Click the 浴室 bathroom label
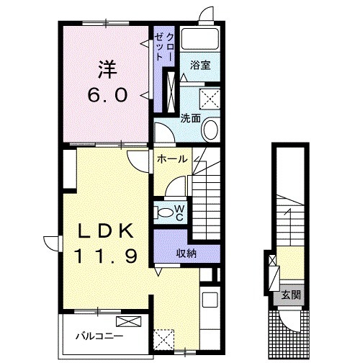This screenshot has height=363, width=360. coord(200,65)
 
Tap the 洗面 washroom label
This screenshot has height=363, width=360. coord(191,118)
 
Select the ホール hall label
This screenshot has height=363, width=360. coord(172,158)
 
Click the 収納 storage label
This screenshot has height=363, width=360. coord(186,253)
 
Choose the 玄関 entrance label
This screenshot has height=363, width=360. coord(291,295)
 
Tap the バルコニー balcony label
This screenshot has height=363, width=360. coord(99,336)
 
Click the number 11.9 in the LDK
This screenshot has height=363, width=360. coord(106,256)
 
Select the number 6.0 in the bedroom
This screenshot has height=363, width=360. coord(107,95)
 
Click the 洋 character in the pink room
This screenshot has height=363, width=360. coord(107,70)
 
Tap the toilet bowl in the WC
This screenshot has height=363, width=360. coord(163,212)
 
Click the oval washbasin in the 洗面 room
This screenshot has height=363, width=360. coord(211,130)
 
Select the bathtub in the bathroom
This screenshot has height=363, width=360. coord(200,39)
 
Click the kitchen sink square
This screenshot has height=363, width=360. coord(210,300)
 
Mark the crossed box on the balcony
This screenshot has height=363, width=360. coord(128,321)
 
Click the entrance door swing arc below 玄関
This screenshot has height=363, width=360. coord(290,322)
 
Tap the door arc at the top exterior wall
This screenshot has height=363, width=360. coord(206,14)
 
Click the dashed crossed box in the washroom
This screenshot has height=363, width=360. coord(210,99)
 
